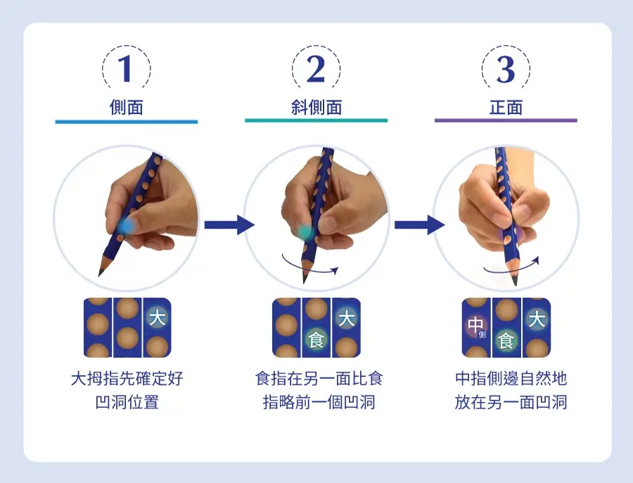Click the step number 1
(x=126, y=69)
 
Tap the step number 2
(x=316, y=69)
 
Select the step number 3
(x=506, y=69)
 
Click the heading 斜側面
(x=316, y=108)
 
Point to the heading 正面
(x=506, y=108)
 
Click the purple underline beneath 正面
(x=506, y=120)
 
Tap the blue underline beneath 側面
(x=127, y=122)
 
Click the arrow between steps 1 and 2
(x=229, y=225)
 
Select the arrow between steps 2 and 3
(x=419, y=225)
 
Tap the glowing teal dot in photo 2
(x=305, y=232)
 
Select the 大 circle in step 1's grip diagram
(x=157, y=318)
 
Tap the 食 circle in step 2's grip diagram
(x=316, y=340)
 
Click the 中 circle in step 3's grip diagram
(x=476, y=326)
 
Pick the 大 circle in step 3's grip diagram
(x=537, y=320)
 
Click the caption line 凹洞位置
(x=127, y=402)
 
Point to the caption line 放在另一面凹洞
(x=511, y=402)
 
